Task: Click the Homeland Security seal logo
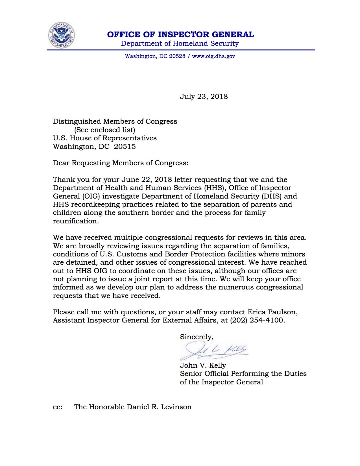[61, 36]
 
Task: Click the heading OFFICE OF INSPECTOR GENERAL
[180, 34]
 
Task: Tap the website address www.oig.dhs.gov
[213, 56]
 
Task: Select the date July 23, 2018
[204, 97]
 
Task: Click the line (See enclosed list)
[104, 130]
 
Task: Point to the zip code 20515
[125, 147]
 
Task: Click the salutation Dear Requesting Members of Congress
[120, 163]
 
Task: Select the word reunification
[76, 221]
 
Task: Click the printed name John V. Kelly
[203, 365]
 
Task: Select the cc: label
[58, 407]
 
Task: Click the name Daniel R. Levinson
[159, 407]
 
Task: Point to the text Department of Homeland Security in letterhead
[180, 43]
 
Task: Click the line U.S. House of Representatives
[105, 138]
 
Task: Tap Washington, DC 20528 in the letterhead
[155, 56]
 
